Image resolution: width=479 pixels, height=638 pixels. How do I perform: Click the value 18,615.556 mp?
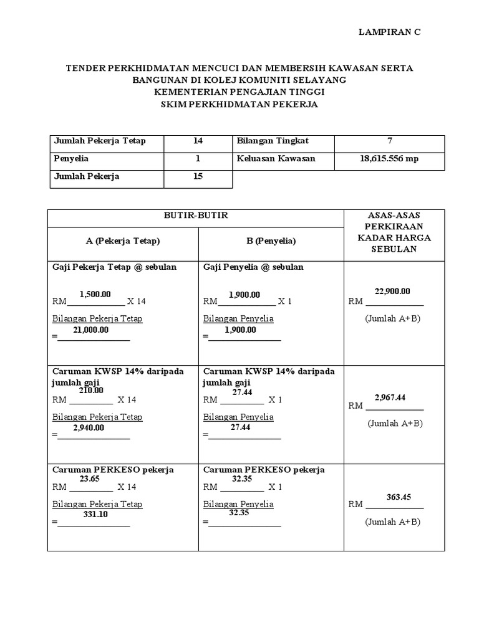pos(389,159)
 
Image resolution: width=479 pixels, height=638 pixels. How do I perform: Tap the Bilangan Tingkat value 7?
pos(389,141)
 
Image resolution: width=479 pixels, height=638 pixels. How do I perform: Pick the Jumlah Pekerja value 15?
pos(198,177)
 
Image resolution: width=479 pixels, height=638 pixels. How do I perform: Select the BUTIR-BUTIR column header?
pos(196,216)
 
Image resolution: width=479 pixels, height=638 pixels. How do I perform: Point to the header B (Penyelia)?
pos(271,240)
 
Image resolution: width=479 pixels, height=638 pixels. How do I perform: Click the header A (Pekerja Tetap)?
pos(123,240)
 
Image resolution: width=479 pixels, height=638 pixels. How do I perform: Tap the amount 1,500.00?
pos(95,294)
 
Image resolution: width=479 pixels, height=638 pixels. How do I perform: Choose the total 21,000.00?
pos(90,330)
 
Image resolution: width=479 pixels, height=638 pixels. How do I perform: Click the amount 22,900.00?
pos(392,291)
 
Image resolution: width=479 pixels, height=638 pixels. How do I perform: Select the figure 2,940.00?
pos(89,427)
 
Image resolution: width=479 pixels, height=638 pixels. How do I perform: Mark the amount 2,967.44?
pos(390,397)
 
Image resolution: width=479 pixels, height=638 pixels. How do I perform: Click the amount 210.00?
pos(90,391)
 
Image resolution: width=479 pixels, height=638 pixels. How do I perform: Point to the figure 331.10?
pos(95,515)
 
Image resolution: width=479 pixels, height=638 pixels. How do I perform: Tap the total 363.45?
pos(399,497)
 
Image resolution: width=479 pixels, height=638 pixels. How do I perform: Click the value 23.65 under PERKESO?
pos(90,479)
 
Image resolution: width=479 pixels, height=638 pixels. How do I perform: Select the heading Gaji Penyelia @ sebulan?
pos(253,267)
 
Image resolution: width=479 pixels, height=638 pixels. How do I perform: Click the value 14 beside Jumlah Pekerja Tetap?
pos(198,141)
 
